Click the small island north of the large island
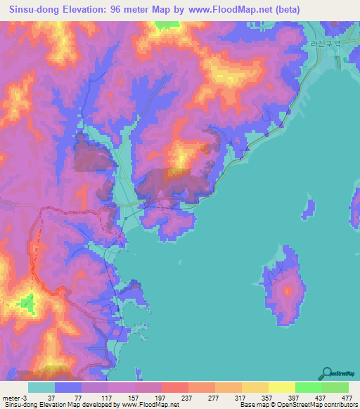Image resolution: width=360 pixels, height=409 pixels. coord(307,207)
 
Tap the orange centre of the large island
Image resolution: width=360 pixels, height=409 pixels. coord(288,290)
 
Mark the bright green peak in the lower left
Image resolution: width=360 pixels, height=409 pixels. coord(27,304)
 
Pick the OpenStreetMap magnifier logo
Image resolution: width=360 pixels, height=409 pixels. coord(326,372)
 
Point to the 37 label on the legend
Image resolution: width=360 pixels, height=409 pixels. coord(51,398)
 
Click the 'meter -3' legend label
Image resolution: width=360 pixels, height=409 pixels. coord(15,398)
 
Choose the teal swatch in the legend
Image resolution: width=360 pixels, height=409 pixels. coord(41,387)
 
